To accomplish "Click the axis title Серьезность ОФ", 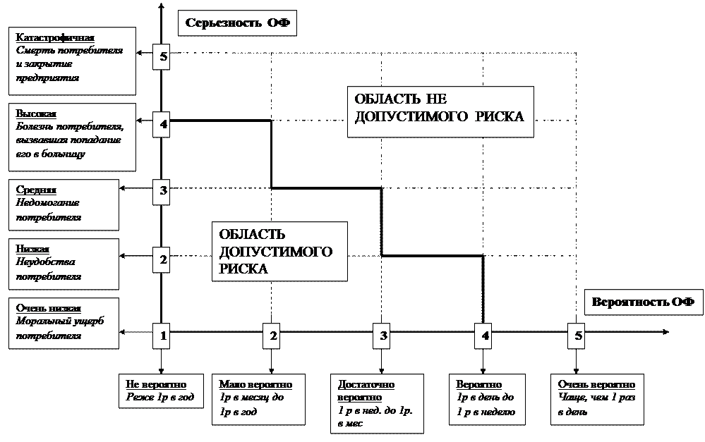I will pyautogui.click(x=237, y=23).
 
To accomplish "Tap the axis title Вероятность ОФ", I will pyautogui.click(x=643, y=302).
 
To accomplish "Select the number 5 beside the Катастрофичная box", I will pyautogui.click(x=164, y=57).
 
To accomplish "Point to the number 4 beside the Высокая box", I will pyautogui.click(x=164, y=125).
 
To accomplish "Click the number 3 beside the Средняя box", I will pyautogui.click(x=163, y=191).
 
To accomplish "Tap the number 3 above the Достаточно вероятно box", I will pyautogui.click(x=383, y=336).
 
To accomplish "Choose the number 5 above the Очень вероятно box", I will pyautogui.click(x=579, y=336).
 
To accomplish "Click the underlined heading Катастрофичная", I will pyautogui.click(x=55, y=38).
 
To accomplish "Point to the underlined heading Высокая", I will pyautogui.click(x=36, y=114).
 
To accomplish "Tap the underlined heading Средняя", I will pyautogui.click(x=36, y=190).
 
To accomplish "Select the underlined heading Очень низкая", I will pyautogui.click(x=49, y=309).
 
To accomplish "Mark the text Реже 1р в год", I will pyautogui.click(x=159, y=398).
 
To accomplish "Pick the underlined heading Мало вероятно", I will pyautogui.click(x=255, y=385).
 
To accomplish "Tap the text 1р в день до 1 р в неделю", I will pyautogui.click(x=486, y=405).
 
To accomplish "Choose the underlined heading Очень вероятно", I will pyautogui.click(x=596, y=385).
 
